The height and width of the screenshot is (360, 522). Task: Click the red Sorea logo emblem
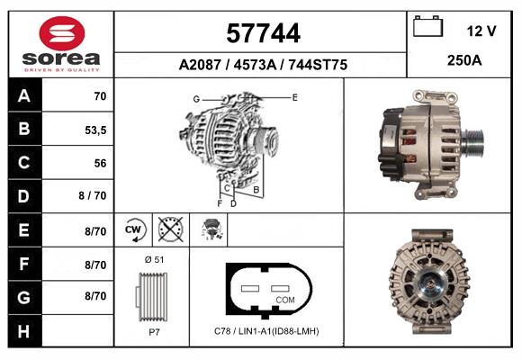click(62, 33)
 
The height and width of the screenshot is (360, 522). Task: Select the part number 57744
click(263, 33)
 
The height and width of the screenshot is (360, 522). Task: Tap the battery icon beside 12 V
click(427, 26)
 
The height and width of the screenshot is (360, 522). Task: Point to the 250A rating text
click(464, 60)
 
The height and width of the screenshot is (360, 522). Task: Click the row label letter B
click(24, 129)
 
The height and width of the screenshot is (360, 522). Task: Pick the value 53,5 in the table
click(95, 130)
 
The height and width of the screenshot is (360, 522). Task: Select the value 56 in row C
click(100, 163)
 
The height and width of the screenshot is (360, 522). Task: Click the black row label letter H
click(24, 331)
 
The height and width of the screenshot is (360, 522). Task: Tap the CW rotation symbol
click(135, 229)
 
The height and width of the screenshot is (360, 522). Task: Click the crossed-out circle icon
click(171, 229)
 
